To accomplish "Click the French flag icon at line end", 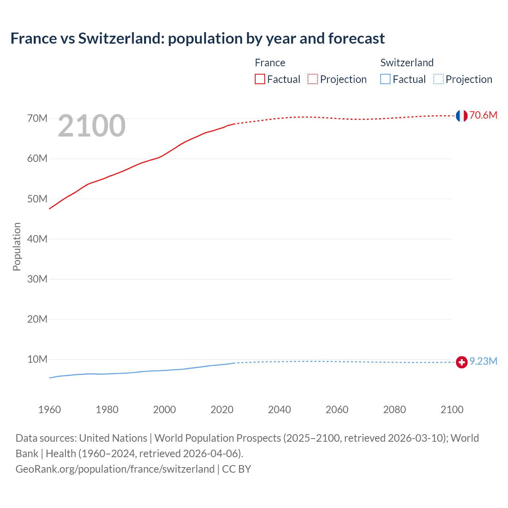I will (x=462, y=116).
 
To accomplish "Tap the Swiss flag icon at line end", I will (x=462, y=362).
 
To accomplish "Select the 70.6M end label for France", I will (x=483, y=115).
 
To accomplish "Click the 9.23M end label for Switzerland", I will (x=483, y=362).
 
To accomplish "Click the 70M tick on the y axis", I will (x=37, y=119).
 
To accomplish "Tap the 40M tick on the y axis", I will (x=37, y=239).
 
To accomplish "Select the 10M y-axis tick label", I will (x=37, y=360).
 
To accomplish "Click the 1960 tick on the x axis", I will (x=50, y=410).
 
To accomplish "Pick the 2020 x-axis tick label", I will (x=222, y=410).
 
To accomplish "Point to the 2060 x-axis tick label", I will (x=337, y=410).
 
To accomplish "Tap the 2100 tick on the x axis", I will (x=452, y=410).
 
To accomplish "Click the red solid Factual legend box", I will (x=260, y=79).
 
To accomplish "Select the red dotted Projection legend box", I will (x=313, y=79).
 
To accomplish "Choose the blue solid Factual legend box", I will (x=385, y=79).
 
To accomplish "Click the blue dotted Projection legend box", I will (x=439, y=79).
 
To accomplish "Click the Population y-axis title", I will (x=17, y=246).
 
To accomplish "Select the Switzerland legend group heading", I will (x=407, y=63).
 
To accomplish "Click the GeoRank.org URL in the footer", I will (x=115, y=469).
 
